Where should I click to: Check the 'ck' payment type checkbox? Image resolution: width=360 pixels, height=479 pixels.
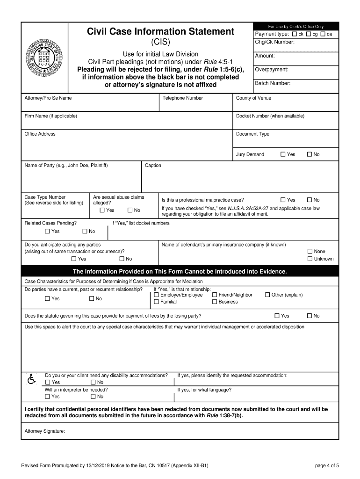click(x=294, y=34)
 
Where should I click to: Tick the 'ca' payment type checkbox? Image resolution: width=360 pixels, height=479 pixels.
click(x=323, y=34)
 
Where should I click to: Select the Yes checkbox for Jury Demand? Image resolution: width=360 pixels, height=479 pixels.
click(x=283, y=154)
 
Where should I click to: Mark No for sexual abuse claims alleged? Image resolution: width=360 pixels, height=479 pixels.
click(x=130, y=210)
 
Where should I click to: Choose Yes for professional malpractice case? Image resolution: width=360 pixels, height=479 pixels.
click(x=283, y=200)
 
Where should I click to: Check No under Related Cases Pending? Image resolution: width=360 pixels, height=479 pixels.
click(x=85, y=231)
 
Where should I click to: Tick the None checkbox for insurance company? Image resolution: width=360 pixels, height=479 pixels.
click(x=310, y=251)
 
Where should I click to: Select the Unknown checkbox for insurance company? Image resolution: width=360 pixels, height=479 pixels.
click(x=310, y=259)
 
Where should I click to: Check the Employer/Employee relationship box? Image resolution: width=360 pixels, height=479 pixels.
click(x=157, y=295)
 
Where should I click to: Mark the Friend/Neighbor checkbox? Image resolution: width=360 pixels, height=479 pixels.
click(x=215, y=295)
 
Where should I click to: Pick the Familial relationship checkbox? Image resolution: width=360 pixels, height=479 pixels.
click(x=157, y=302)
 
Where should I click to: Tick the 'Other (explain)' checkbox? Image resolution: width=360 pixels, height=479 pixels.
click(x=268, y=295)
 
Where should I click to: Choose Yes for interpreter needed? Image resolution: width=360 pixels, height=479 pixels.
click(x=47, y=397)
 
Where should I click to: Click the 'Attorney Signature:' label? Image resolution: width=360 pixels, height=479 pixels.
click(x=44, y=431)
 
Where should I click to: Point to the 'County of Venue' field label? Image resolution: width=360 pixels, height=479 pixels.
click(x=253, y=98)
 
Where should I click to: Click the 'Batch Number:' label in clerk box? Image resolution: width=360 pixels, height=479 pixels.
click(x=273, y=83)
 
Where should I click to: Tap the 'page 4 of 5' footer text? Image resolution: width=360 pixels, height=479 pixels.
click(x=327, y=465)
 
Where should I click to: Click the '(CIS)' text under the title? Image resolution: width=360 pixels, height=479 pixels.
click(x=160, y=42)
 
